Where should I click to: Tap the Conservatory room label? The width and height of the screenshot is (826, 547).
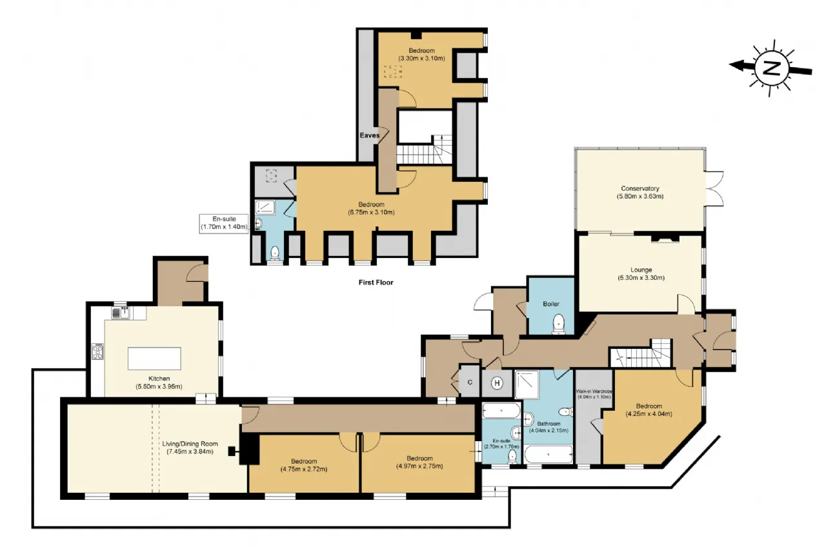coord(640,188)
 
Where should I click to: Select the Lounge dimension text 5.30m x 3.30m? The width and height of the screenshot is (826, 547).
coord(641,277)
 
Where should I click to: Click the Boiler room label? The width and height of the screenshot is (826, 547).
coord(551,304)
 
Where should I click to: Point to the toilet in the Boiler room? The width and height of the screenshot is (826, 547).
coord(559,324)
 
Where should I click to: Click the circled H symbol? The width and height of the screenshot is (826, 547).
coord(497,383)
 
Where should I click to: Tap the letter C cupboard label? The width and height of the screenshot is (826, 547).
coord(470,383)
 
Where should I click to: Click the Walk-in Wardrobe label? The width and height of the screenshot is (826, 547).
coord(594,391)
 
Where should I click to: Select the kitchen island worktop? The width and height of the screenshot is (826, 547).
coord(154,358)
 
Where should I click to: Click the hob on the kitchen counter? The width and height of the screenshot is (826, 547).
coord(97,352)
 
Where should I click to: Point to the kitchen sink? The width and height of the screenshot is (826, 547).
coord(120,313)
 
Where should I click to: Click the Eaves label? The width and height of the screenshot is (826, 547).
coord(370,135)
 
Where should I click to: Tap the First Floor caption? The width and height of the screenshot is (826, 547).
coord(376,283)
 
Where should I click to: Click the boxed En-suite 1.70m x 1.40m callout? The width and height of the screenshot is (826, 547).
coord(224,223)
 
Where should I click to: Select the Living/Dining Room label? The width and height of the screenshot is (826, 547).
coord(190,444)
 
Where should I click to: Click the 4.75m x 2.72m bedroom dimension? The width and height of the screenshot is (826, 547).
coord(303,469)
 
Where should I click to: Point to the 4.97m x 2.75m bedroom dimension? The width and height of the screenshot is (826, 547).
coord(419,466)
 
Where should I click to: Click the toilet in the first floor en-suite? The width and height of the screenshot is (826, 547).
coord(275,253)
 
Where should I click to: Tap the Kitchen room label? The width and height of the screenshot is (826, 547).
coord(159,379)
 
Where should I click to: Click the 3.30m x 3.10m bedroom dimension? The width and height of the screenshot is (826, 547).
coord(421,58)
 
